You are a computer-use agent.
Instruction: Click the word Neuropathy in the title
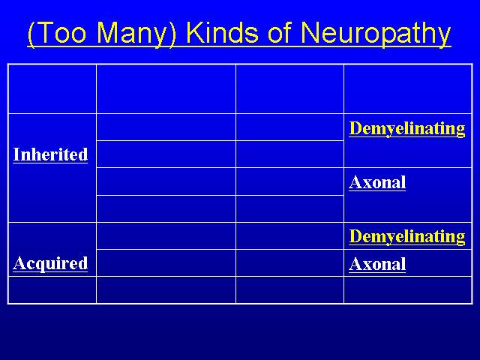click(376, 33)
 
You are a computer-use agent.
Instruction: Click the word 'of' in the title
click(279, 32)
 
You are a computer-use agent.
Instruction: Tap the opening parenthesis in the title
click(31, 34)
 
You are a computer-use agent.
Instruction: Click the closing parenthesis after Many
click(173, 34)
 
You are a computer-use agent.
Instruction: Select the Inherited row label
click(50, 154)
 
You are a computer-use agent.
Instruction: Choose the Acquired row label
click(50, 263)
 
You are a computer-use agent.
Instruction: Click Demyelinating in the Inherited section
click(407, 128)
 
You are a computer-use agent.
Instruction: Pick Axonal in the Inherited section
click(377, 182)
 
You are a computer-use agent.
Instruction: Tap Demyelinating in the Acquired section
click(407, 237)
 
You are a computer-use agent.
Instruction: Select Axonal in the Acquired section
click(377, 264)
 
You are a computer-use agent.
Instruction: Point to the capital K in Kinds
click(194, 32)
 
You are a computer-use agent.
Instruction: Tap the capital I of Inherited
click(17, 154)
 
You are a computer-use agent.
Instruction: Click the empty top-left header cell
click(52, 89)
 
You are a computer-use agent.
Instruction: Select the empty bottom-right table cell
click(408, 290)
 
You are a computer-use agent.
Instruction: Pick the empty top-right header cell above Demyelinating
click(408, 89)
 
